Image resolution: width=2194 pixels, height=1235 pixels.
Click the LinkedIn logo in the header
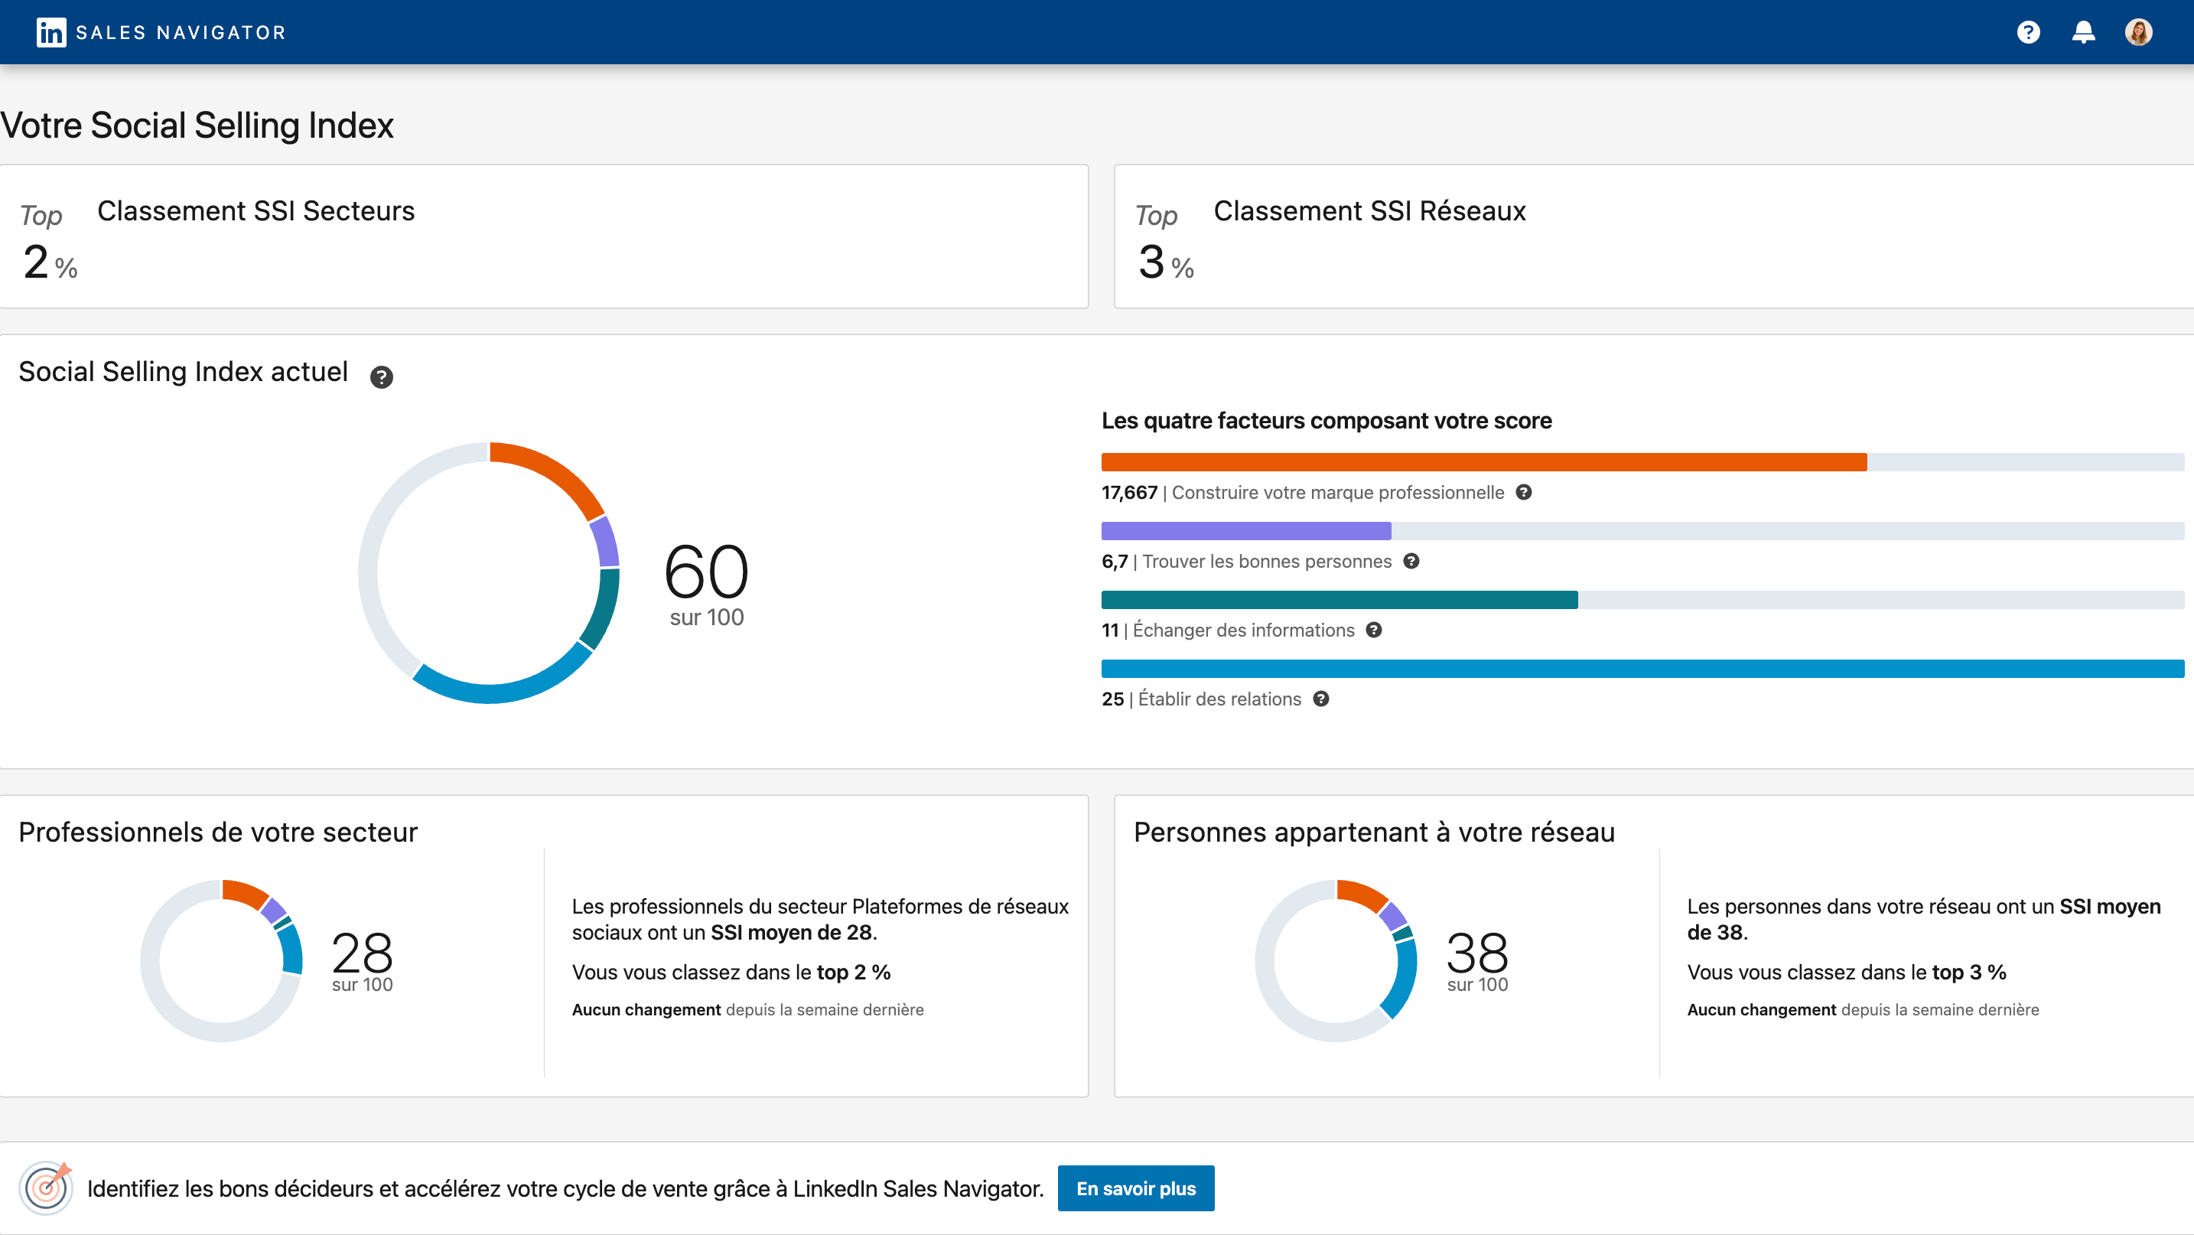point(51,32)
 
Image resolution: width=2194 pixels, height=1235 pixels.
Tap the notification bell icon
point(2083,32)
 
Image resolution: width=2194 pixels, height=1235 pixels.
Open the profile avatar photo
point(2138,32)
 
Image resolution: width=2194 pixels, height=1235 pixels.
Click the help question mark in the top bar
point(2028,32)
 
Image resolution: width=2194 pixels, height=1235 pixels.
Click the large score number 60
point(706,572)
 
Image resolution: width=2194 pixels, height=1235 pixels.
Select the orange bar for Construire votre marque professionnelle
point(1483,462)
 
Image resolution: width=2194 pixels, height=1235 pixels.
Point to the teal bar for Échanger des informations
point(1339,600)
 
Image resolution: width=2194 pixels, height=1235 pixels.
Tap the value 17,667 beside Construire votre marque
point(1129,492)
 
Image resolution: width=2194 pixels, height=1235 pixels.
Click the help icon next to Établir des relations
point(1321,699)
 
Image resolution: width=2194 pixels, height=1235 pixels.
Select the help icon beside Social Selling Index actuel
point(382,376)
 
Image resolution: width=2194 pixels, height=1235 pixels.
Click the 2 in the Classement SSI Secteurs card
point(36,262)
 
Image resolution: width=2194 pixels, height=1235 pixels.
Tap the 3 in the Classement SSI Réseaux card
point(1151,262)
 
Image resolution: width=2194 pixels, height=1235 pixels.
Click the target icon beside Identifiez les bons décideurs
point(46,1188)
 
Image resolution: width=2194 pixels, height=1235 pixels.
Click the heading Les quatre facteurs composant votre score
point(1326,421)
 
